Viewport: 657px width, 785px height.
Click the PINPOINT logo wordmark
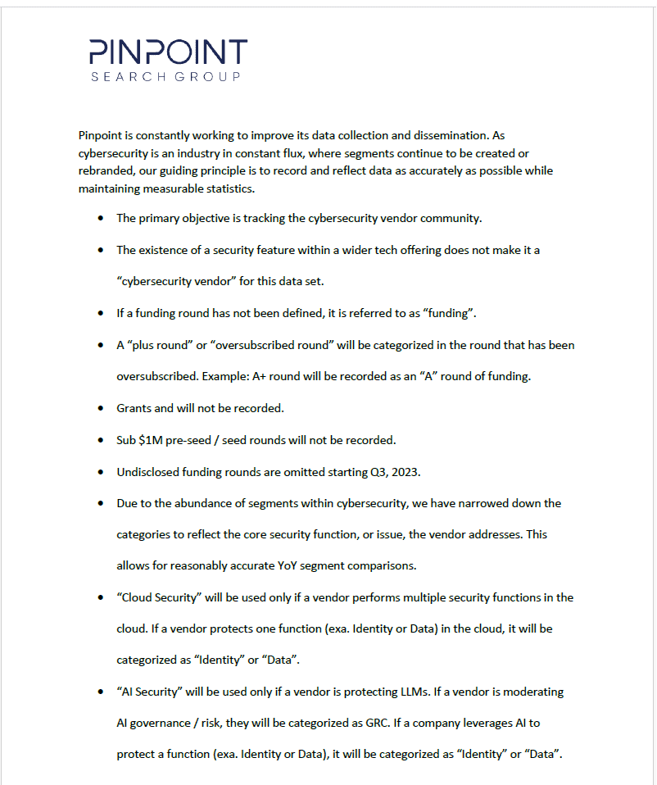(x=168, y=52)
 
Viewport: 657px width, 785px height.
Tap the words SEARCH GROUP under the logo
(x=166, y=76)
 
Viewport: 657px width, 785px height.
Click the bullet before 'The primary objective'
(x=100, y=219)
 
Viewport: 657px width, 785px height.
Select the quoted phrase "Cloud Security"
(x=159, y=597)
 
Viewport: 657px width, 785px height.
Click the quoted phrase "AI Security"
(x=149, y=692)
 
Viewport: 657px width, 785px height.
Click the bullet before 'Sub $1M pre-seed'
(x=100, y=440)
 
